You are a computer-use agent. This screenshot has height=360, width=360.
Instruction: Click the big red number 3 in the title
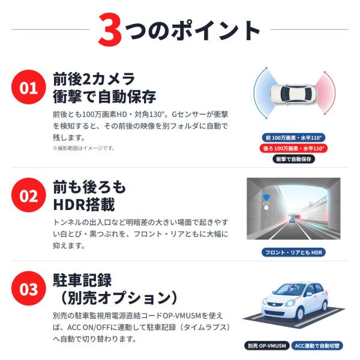(110, 30)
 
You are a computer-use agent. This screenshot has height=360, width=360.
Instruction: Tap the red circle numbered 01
(28, 87)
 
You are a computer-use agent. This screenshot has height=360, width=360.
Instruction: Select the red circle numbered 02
(28, 195)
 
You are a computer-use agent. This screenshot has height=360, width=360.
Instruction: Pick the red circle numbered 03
(28, 289)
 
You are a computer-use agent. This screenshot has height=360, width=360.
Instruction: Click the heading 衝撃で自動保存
(104, 97)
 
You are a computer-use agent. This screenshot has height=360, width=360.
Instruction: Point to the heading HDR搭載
(84, 205)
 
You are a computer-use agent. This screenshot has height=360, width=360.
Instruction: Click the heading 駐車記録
(82, 280)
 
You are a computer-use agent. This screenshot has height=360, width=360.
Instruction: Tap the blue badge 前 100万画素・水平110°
(293, 138)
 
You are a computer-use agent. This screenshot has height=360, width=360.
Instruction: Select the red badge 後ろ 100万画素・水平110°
(293, 148)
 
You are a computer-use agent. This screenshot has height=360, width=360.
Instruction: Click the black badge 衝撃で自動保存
(293, 159)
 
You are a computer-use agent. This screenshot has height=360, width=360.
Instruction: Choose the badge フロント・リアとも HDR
(293, 253)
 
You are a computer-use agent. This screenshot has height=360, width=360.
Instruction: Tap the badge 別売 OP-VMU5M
(267, 346)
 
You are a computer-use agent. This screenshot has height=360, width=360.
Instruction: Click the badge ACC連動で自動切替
(317, 346)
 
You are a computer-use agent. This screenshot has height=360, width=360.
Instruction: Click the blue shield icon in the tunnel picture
(266, 197)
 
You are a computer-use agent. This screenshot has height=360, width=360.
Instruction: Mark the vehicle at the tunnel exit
(292, 218)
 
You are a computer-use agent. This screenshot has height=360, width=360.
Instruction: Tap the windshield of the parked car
(290, 290)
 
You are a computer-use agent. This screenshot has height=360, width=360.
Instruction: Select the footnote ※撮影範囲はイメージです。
(84, 148)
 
